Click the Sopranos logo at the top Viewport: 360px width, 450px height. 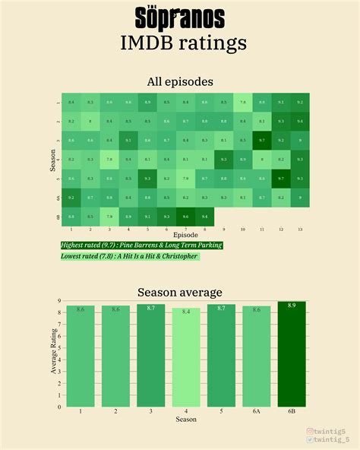179,17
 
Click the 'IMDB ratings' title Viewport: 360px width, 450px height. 183,42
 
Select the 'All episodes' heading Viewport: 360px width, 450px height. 180,81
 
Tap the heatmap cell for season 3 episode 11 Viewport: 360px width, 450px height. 263,140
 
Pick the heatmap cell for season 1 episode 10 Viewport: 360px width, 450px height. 243,101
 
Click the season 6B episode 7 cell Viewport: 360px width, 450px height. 185,217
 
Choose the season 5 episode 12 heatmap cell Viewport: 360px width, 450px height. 281,179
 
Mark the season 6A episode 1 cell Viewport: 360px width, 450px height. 71,198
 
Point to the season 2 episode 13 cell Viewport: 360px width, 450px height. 301,121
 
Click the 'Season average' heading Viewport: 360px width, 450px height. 180,292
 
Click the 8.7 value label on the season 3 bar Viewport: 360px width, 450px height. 150,308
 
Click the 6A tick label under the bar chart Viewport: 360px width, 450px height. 256,411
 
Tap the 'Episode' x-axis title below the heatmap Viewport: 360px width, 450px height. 185,235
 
